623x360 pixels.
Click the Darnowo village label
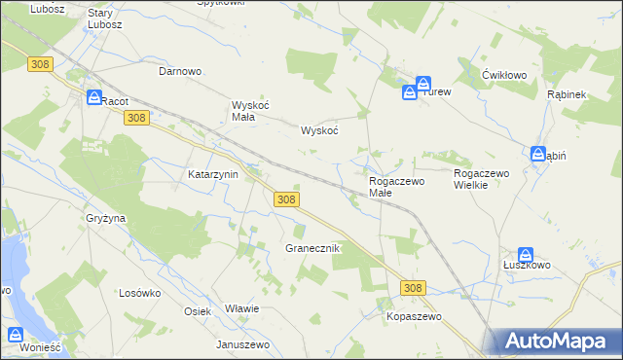click(x=180, y=71)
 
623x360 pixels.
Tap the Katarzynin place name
click(x=213, y=175)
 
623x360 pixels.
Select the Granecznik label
click(x=311, y=248)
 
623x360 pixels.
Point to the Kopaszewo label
click(x=414, y=317)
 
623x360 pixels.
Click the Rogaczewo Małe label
click(x=396, y=187)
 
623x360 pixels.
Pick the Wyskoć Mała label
click(x=243, y=111)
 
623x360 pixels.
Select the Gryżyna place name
click(x=106, y=219)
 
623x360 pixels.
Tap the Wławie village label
click(x=241, y=308)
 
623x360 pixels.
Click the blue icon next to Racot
click(x=93, y=98)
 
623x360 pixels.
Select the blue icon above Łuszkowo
click(x=526, y=255)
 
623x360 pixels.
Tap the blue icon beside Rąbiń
click(x=538, y=154)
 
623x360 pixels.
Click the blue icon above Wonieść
click(x=18, y=336)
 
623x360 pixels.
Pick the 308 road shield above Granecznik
click(x=285, y=198)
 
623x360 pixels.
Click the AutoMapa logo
click(x=555, y=341)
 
